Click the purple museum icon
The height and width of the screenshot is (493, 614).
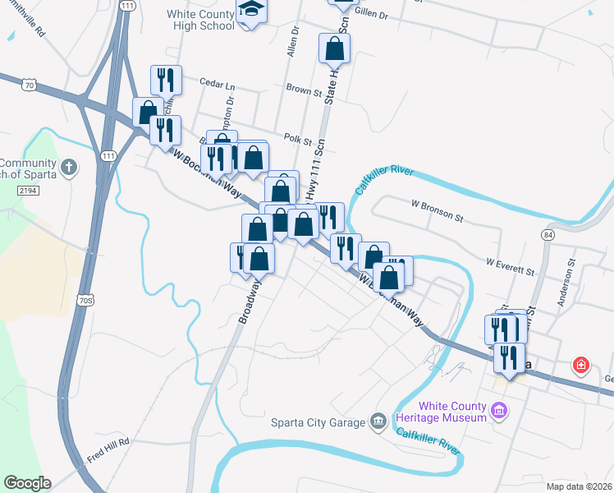pyautogui.click(x=497, y=411)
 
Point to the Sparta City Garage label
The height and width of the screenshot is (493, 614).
pyautogui.click(x=318, y=422)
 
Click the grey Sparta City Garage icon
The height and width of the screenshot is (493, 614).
pyautogui.click(x=378, y=422)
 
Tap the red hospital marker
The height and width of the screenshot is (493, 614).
pyautogui.click(x=582, y=364)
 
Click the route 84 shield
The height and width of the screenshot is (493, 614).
pyautogui.click(x=548, y=235)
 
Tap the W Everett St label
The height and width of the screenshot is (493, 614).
pyautogui.click(x=510, y=265)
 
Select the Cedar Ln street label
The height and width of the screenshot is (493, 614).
pyautogui.click(x=218, y=84)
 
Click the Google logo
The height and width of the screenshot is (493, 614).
pyautogui.click(x=27, y=483)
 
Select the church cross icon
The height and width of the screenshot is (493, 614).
pyautogui.click(x=69, y=167)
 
